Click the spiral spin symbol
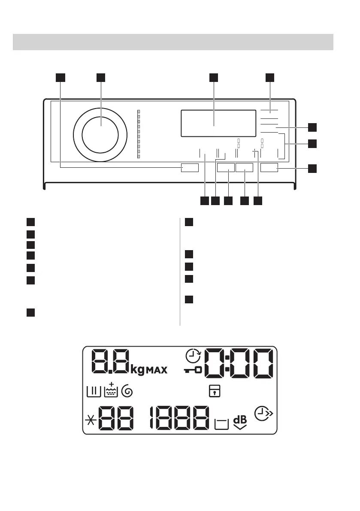coord(127,391)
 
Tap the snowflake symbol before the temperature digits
coord(91,419)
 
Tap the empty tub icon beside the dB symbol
coord(221,424)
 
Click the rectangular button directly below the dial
coord(190,168)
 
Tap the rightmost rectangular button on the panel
coord(269,168)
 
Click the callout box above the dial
coord(101,77)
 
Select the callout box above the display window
coord(214,77)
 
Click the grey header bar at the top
coord(173,42)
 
